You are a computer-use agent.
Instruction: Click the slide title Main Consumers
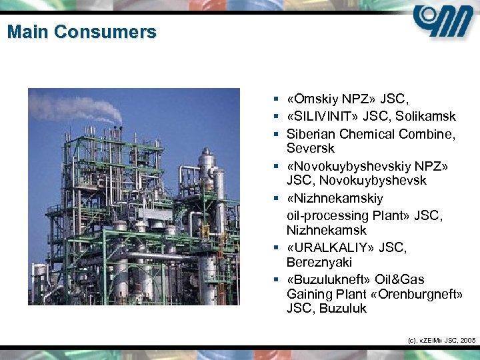point(82,31)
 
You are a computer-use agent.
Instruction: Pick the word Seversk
point(310,148)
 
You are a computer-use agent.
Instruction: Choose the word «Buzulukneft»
point(323,279)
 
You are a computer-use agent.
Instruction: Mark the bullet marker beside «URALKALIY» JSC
point(276,248)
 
